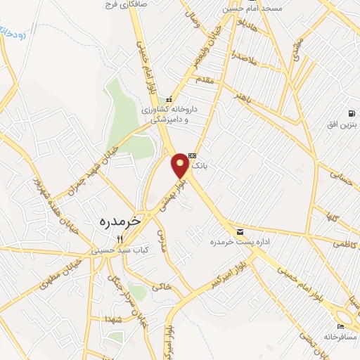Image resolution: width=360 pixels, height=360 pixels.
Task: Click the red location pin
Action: click(x=181, y=165)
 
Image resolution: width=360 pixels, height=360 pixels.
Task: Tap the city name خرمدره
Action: click(x=117, y=220)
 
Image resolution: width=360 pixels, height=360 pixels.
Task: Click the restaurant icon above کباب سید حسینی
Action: click(x=120, y=238)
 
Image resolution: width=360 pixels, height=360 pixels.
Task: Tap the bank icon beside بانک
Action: click(x=192, y=157)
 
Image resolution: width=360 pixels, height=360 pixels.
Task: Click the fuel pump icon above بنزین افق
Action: click(x=350, y=113)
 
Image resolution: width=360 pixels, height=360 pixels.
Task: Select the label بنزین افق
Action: click(x=342, y=124)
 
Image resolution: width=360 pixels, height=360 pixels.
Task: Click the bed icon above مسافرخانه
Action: click(x=341, y=326)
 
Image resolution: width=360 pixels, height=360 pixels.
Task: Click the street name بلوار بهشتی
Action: click(x=175, y=190)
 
